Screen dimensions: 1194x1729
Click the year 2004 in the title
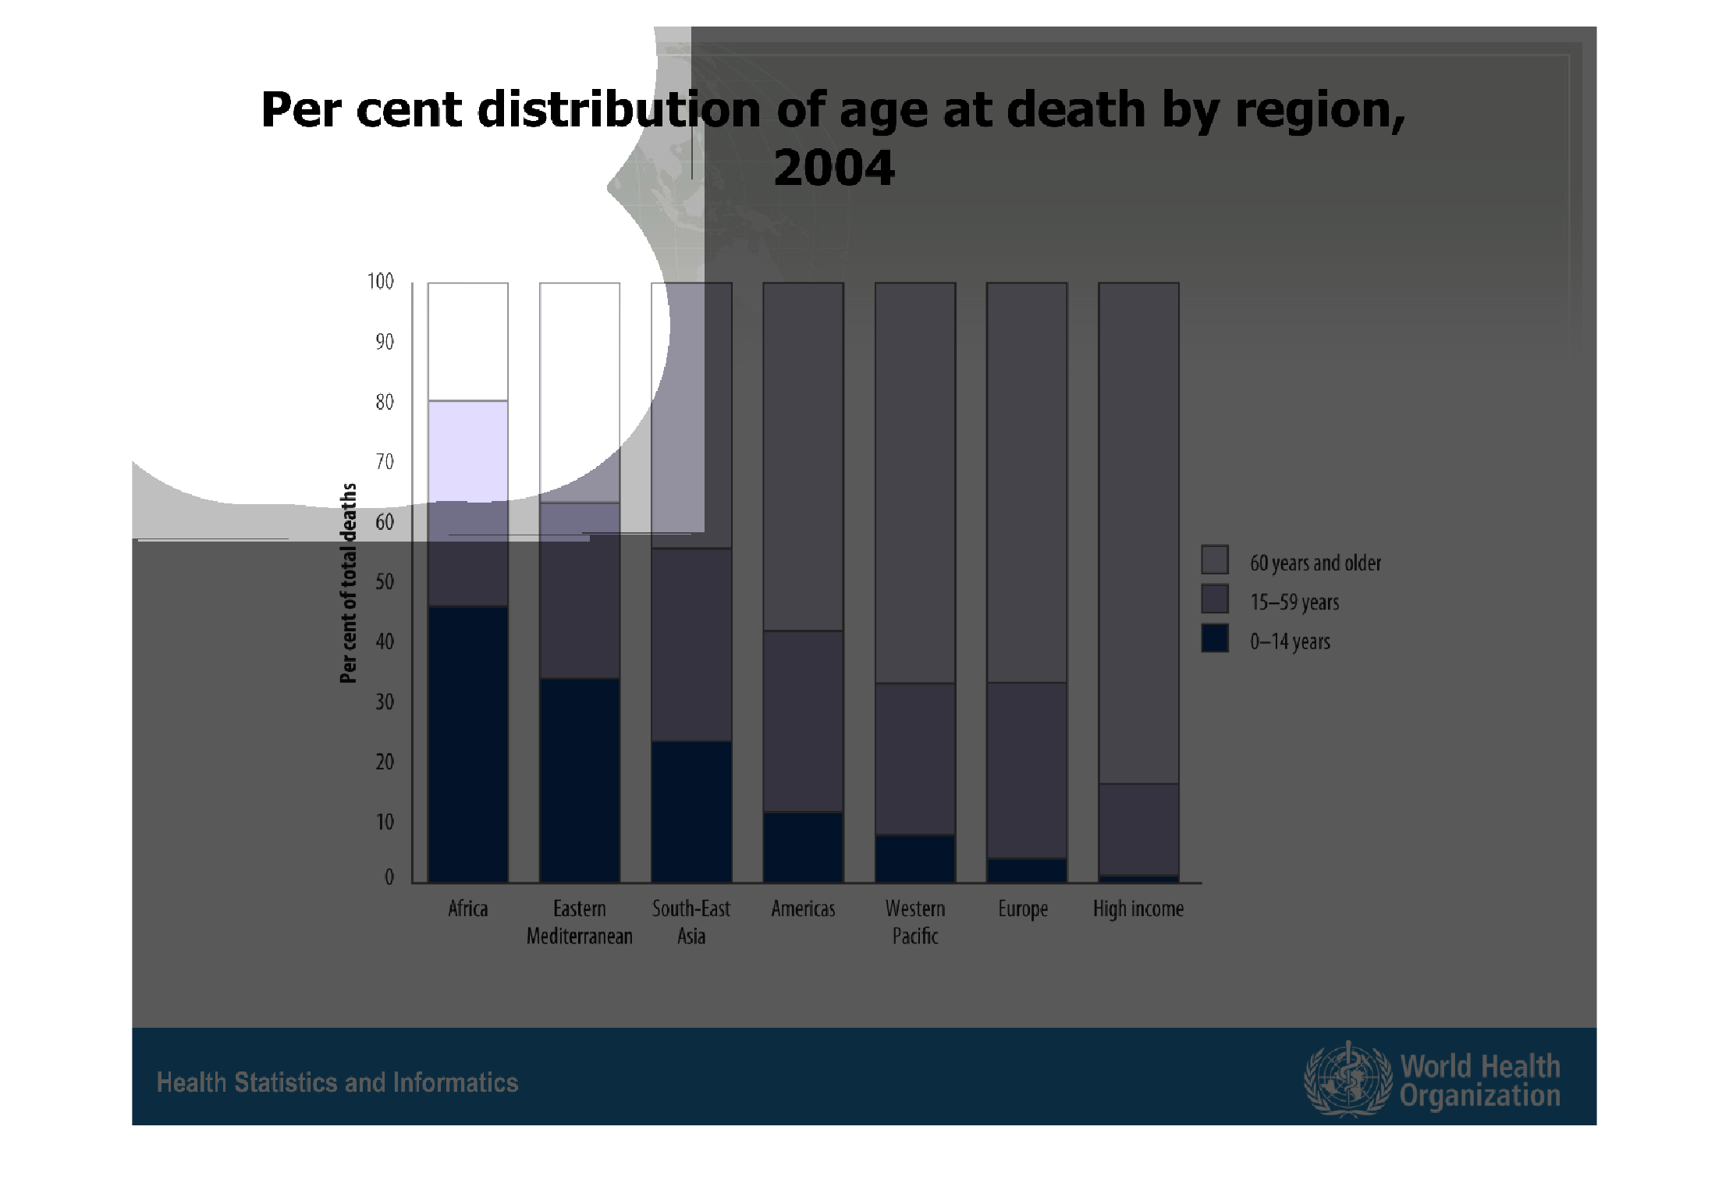coord(833,168)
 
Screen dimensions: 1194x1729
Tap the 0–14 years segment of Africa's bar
coord(468,744)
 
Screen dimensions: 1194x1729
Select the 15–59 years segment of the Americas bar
coord(803,721)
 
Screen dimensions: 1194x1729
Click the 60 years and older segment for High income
coord(1138,532)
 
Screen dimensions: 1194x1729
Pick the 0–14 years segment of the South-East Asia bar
coord(691,812)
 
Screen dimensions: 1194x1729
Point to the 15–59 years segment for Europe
coord(1027,770)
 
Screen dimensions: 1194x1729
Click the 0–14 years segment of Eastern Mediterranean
coord(580,780)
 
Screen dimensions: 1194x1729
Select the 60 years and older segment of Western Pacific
coord(915,482)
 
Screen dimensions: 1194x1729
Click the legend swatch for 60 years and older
coord(1215,560)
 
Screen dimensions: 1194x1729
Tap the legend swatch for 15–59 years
coord(1215,599)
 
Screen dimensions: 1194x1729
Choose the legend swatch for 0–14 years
coord(1215,638)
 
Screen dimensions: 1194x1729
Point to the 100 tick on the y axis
coord(381,282)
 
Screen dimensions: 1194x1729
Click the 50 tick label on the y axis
coord(384,582)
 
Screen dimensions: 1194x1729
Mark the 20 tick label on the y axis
coord(384,762)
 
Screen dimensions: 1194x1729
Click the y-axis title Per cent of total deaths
coord(348,583)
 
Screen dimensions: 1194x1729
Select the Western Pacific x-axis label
coord(915,922)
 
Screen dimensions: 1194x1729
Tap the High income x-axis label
coord(1138,909)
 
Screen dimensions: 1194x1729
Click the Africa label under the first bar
coord(467,909)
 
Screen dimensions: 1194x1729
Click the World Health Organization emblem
coord(1347,1079)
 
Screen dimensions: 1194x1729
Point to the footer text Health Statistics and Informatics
coord(337,1082)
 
